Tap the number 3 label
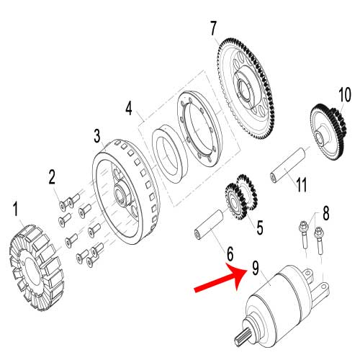(x=96, y=136)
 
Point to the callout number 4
(x=129, y=109)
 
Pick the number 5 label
(x=259, y=227)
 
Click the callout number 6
(x=230, y=253)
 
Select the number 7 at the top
(x=213, y=30)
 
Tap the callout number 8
(x=325, y=213)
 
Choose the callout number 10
(x=344, y=94)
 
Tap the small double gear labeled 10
(x=328, y=130)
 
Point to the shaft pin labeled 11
(x=288, y=166)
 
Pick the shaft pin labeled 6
(x=208, y=224)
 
